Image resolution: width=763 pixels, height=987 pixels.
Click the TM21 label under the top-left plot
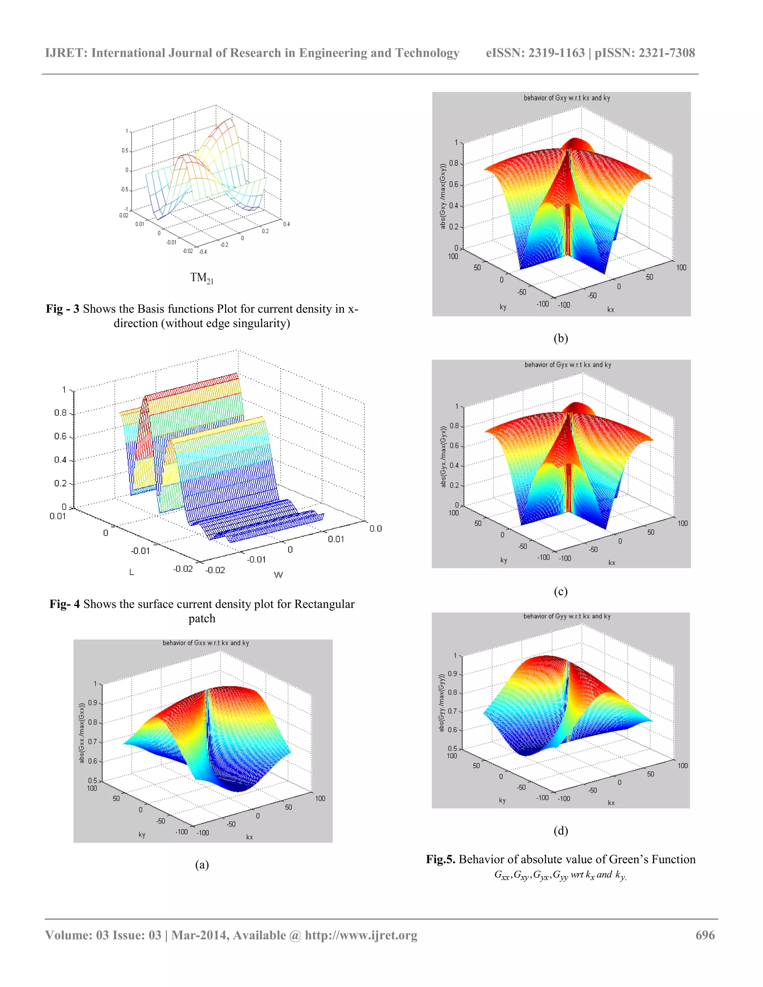pyautogui.click(x=201, y=277)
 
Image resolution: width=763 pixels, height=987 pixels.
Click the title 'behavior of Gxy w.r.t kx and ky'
pyautogui.click(x=566, y=98)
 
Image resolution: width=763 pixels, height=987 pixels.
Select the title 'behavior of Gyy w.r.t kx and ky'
pyautogui.click(x=566, y=616)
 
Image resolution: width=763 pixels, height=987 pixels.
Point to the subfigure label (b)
pyautogui.click(x=560, y=338)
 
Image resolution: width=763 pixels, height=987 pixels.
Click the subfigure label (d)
pyautogui.click(x=560, y=830)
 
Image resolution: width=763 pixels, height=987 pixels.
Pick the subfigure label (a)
pyautogui.click(x=202, y=864)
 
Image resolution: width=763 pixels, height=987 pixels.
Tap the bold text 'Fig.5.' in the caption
pyautogui.click(x=440, y=859)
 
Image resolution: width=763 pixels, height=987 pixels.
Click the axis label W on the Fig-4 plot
pyautogui.click(x=278, y=575)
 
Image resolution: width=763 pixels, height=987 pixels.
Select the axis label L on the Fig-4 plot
pyautogui.click(x=132, y=572)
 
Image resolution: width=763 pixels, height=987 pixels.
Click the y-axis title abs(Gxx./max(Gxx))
pyautogui.click(x=82, y=733)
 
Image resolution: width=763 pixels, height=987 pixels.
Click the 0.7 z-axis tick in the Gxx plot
pyautogui.click(x=92, y=742)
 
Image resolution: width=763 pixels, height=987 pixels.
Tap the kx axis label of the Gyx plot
pyautogui.click(x=612, y=563)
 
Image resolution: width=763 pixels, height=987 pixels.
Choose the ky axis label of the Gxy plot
pyautogui.click(x=503, y=307)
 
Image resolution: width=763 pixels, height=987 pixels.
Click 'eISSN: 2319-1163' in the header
pyautogui.click(x=535, y=53)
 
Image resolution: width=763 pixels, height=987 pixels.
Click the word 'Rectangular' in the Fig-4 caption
pyautogui.click(x=324, y=604)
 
